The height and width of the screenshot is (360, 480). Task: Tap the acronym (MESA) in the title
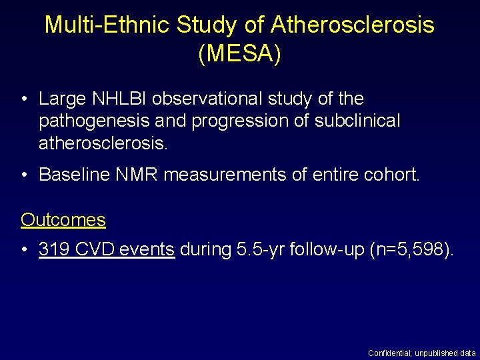tap(239, 54)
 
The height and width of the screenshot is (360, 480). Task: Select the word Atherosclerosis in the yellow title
tap(353, 25)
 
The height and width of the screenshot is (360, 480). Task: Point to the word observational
tap(209, 99)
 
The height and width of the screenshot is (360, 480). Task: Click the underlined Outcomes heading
tap(63, 219)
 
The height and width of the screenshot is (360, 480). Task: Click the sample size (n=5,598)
tap(410, 250)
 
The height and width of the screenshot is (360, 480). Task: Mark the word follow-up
tap(329, 250)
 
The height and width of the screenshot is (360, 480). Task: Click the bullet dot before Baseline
tap(25, 175)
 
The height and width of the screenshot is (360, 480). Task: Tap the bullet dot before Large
tap(25, 99)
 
